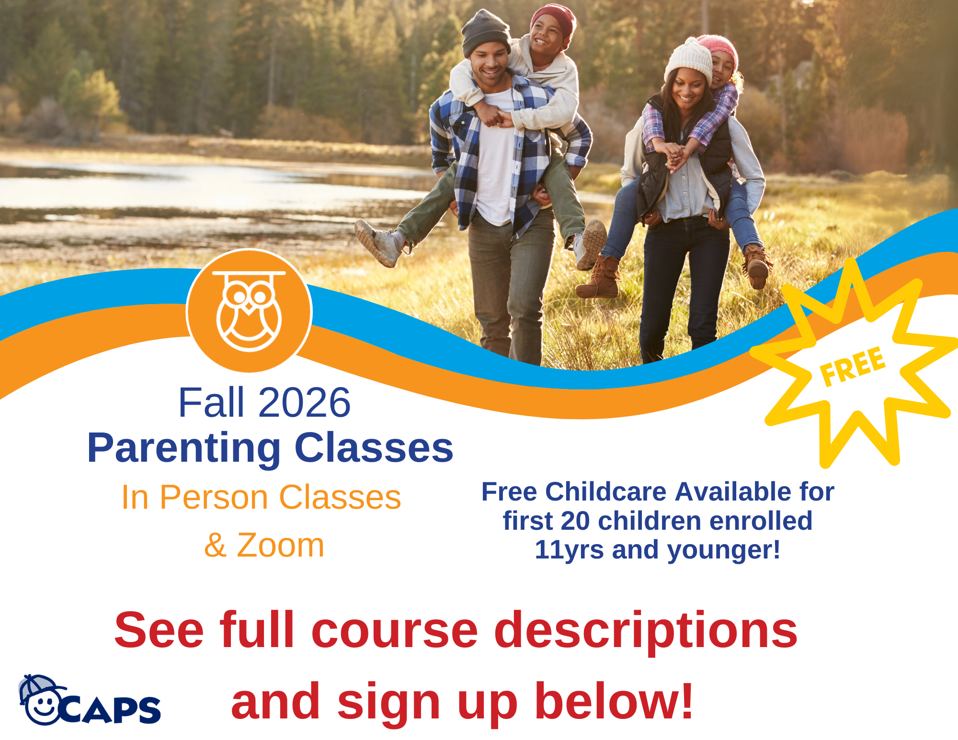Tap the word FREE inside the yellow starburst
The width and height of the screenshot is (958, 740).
click(853, 366)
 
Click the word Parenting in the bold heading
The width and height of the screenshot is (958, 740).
click(184, 448)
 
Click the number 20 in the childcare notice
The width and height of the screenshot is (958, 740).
click(575, 521)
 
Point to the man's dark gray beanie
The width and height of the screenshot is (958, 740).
click(485, 33)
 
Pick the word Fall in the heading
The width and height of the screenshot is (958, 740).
click(211, 402)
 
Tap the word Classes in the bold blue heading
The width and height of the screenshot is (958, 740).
click(374, 448)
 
